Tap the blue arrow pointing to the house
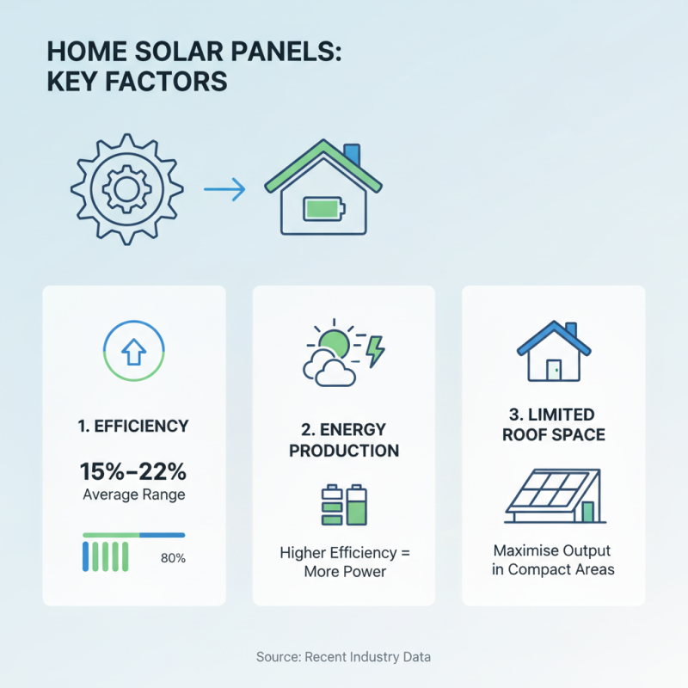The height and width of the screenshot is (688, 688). (x=224, y=190)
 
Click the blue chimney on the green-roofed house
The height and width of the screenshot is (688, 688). (x=351, y=157)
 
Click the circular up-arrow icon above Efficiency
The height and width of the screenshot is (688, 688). (x=134, y=352)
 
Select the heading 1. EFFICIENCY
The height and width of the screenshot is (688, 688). (x=134, y=425)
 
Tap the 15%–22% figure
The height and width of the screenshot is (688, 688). (x=134, y=471)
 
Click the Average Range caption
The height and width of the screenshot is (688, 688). (x=134, y=494)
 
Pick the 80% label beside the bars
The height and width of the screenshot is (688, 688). (x=173, y=558)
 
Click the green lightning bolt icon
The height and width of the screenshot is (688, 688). (x=376, y=351)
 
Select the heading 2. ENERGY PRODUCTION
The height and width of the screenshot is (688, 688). (x=344, y=439)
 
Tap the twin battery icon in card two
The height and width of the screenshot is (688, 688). (x=344, y=506)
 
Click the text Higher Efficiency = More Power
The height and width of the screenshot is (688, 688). (x=344, y=562)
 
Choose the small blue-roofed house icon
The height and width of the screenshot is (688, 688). (x=554, y=352)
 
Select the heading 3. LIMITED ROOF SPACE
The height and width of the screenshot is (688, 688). (x=554, y=425)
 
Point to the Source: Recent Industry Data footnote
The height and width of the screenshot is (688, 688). (x=344, y=657)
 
